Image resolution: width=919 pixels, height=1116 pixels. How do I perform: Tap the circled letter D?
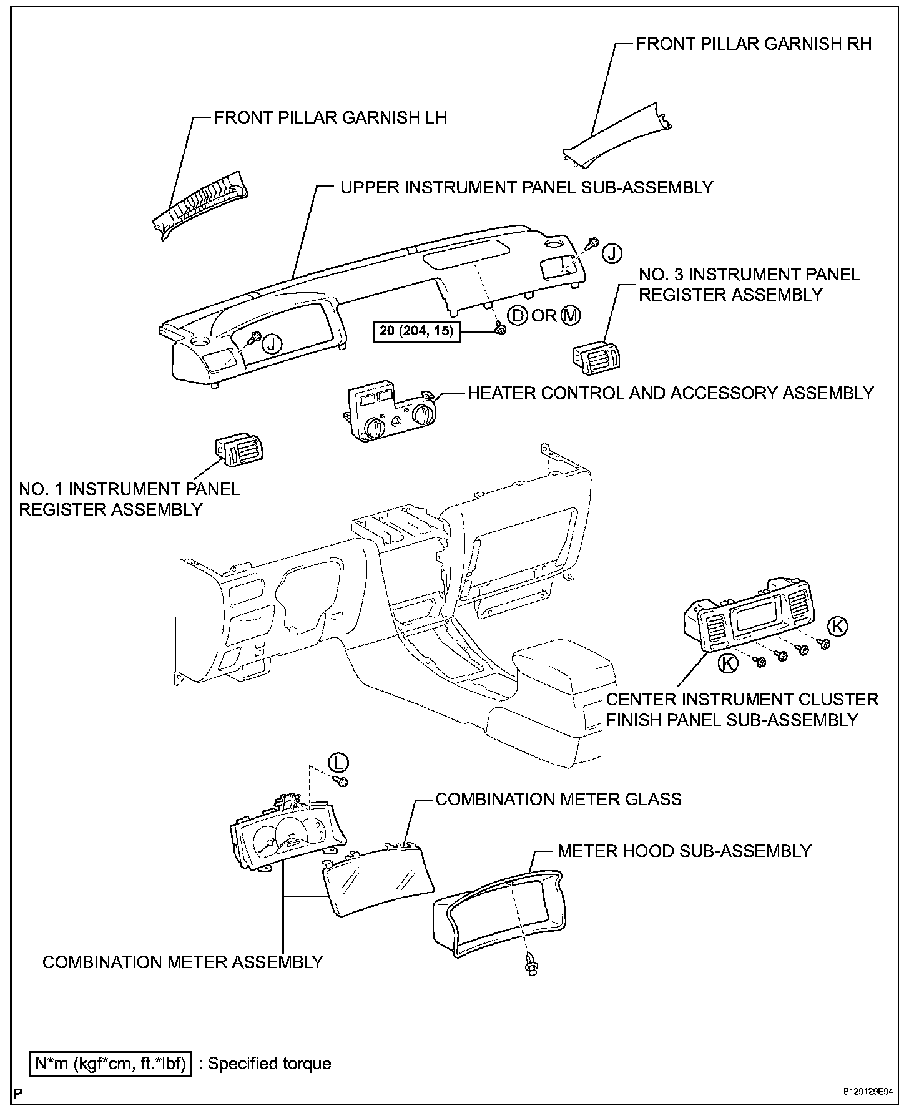(x=518, y=315)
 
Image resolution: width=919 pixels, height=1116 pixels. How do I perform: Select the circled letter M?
(x=571, y=315)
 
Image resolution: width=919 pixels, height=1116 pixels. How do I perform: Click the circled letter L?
(x=338, y=762)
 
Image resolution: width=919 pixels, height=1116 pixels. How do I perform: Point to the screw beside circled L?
(x=342, y=781)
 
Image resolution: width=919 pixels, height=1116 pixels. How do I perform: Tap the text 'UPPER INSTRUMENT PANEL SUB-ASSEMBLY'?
(x=526, y=187)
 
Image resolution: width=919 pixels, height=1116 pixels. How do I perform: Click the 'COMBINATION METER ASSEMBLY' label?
(x=183, y=962)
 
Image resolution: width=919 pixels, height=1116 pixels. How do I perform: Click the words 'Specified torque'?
(x=269, y=1064)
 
